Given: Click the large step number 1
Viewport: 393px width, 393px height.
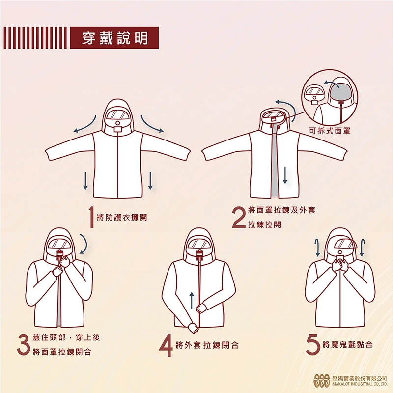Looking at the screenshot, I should point(91,217).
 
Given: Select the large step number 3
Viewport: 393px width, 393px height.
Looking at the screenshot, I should point(23,344).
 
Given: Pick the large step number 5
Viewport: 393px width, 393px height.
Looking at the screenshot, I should point(313,344).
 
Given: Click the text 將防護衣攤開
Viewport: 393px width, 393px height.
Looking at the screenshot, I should point(122,217).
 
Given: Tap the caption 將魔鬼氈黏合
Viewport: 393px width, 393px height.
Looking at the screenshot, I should point(347,345).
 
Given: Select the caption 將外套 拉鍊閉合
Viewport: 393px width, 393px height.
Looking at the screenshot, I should point(207,345).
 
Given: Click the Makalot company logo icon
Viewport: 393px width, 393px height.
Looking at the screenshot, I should point(322,380).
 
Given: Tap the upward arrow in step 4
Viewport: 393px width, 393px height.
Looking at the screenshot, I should point(192,300).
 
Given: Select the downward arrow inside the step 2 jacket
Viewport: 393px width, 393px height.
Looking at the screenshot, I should point(284,174).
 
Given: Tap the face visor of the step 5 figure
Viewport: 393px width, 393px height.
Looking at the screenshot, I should point(341,242).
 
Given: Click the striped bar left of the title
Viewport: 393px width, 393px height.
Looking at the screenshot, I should point(34,38).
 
